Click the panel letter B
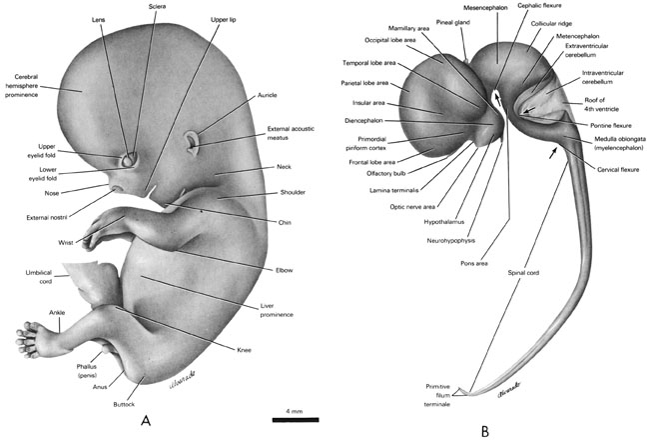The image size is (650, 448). [485, 431]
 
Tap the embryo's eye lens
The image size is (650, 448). [128, 158]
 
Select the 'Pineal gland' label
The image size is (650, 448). [453, 21]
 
